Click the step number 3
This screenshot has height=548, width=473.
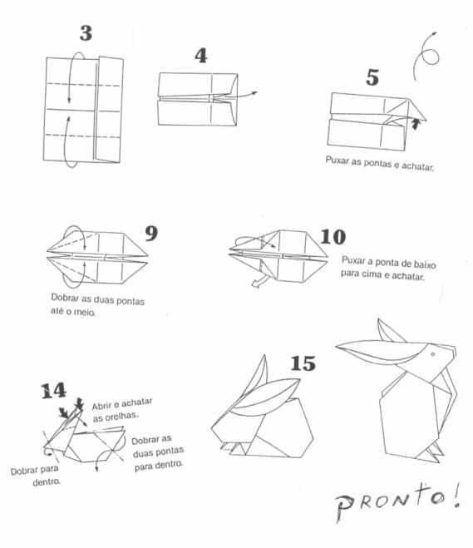click(86, 33)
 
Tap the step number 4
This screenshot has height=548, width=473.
click(201, 56)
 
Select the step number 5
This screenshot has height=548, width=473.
click(372, 77)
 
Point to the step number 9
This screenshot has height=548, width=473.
click(151, 233)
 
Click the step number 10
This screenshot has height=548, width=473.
click(333, 237)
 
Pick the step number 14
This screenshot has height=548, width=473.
click(53, 391)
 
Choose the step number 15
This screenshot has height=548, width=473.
click(303, 363)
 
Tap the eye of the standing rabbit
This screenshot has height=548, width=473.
click(433, 354)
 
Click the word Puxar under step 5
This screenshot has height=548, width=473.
click(337, 160)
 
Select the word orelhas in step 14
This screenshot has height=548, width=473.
click(116, 417)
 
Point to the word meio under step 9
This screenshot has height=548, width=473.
click(84, 312)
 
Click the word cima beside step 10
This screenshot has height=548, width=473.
click(372, 274)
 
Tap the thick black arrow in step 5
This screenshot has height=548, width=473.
click(415, 124)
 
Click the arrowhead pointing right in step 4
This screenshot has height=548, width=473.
click(254, 92)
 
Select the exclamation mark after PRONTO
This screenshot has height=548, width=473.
click(456, 496)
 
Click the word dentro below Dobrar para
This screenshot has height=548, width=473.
click(47, 482)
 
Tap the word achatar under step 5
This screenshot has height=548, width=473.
click(417, 166)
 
